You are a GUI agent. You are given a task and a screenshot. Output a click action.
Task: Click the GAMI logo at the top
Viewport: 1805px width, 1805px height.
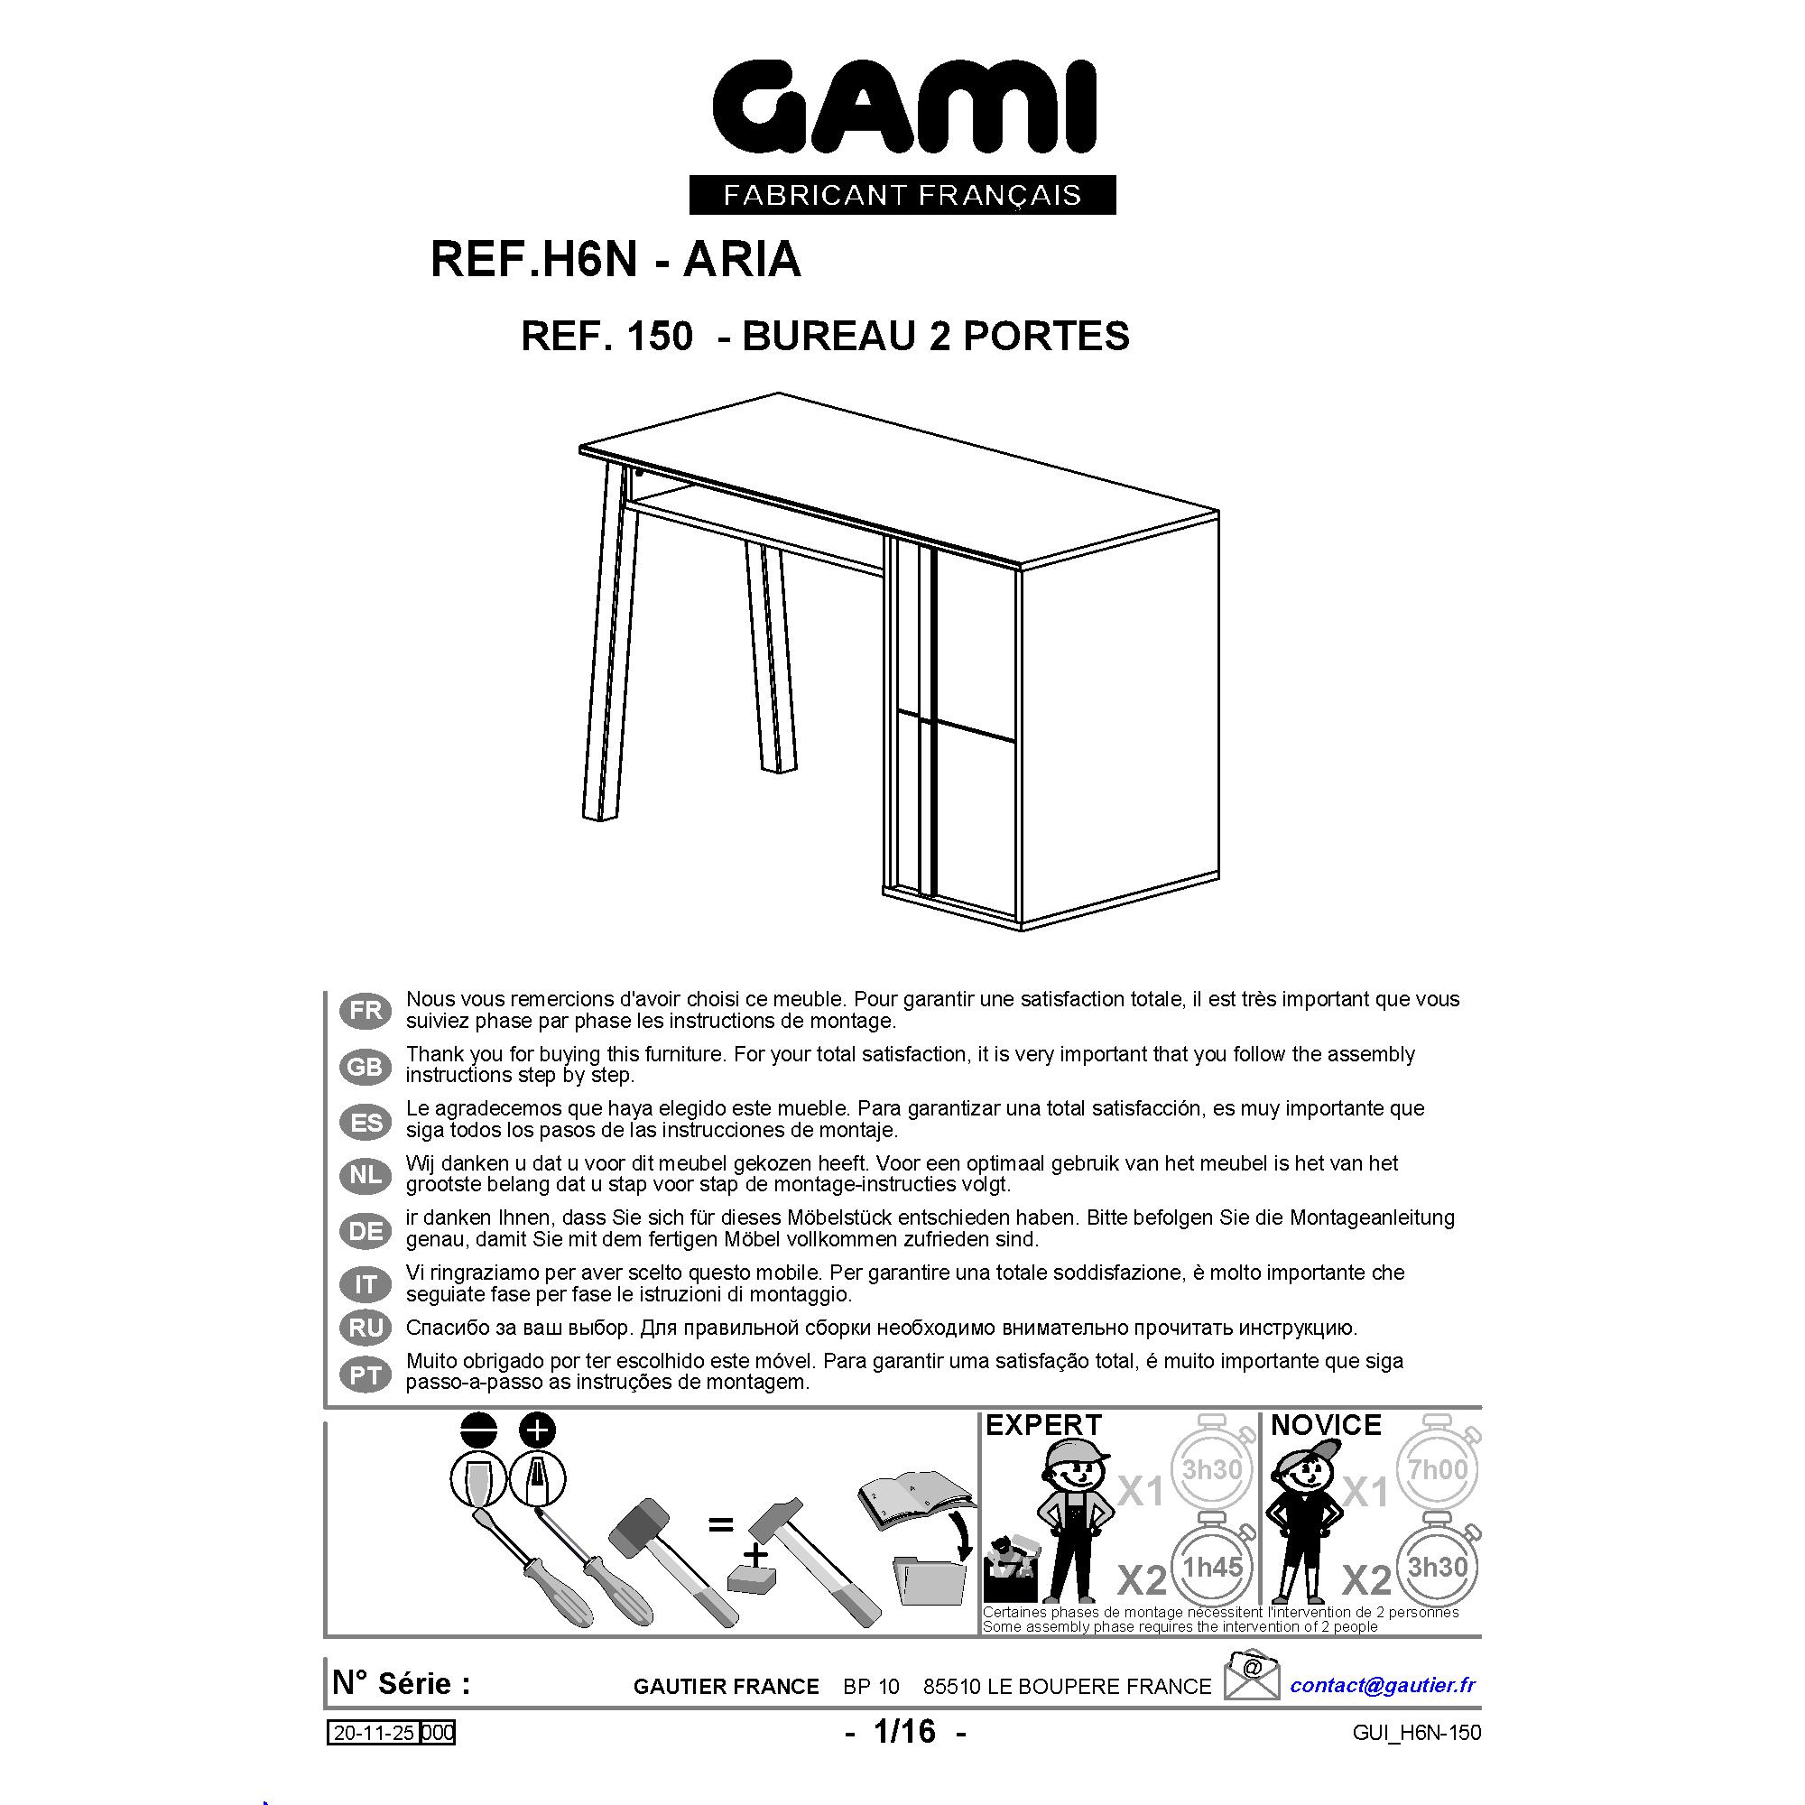[903, 106]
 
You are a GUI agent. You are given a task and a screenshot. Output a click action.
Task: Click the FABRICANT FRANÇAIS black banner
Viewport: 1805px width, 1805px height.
[902, 194]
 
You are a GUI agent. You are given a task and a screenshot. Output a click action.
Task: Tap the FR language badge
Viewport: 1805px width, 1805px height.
[366, 1011]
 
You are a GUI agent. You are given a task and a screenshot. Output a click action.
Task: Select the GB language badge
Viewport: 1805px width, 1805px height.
[366, 1066]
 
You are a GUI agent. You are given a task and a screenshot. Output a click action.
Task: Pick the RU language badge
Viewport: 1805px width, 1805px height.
[366, 1328]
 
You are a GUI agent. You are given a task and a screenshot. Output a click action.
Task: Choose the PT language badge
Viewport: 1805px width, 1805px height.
[366, 1375]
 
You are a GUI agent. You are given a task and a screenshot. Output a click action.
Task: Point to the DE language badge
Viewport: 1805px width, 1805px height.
[366, 1230]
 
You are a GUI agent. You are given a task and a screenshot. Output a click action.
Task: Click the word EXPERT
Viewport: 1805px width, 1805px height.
[1043, 1426]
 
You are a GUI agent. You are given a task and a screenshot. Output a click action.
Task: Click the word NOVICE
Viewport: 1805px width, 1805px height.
[1326, 1426]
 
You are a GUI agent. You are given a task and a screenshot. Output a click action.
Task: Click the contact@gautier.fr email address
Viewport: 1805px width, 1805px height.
[1383, 1685]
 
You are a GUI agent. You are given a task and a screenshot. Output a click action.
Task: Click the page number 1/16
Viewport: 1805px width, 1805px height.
[904, 1731]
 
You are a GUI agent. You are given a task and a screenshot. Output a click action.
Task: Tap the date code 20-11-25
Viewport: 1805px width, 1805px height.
[375, 1733]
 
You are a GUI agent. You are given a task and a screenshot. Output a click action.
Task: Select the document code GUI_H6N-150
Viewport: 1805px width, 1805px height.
[1416, 1733]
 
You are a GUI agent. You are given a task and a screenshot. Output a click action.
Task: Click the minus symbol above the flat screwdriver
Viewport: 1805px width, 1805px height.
[479, 1430]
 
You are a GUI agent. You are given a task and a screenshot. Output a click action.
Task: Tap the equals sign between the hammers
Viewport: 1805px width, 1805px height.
[720, 1524]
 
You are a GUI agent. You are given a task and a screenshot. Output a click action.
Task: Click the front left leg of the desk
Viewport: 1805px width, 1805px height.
[610, 642]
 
